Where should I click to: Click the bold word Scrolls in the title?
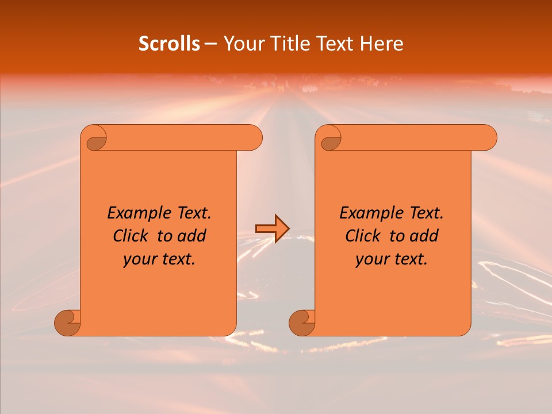169,44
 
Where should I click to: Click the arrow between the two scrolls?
272,229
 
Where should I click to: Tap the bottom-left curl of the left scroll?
68,323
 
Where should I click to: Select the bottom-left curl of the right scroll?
302,323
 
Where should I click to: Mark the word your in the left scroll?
139,259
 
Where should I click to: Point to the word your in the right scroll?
371,259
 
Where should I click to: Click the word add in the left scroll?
192,236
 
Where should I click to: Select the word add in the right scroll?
424,236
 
